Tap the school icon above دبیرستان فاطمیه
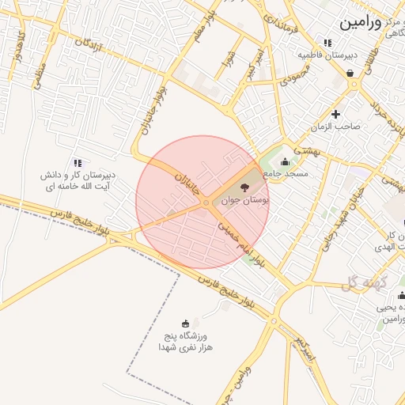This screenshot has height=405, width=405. click(x=327, y=43)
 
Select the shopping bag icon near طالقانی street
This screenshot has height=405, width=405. click(x=350, y=74)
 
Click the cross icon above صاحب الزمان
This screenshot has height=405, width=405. click(x=336, y=114)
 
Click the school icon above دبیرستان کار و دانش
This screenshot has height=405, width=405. click(x=78, y=162)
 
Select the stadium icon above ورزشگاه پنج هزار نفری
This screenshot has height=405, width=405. click(x=186, y=323)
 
